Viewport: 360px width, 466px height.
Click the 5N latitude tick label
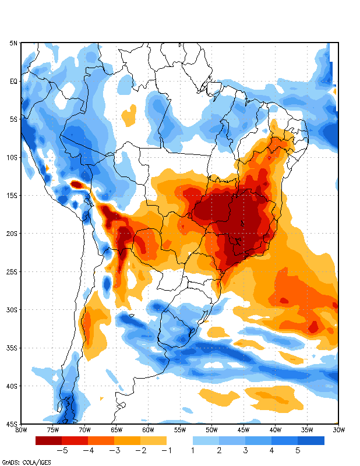point(13,43)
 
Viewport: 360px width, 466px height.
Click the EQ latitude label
point(14,81)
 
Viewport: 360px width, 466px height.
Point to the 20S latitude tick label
point(12,234)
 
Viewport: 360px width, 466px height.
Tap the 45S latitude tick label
point(12,423)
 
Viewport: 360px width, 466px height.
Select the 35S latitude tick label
point(12,348)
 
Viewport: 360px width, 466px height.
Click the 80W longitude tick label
point(21,430)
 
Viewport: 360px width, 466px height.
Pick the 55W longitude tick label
point(180,430)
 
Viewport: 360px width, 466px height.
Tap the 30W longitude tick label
point(338,430)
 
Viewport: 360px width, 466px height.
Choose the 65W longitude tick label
point(117,430)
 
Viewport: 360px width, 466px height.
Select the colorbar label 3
point(245,450)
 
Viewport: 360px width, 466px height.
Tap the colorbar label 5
point(298,450)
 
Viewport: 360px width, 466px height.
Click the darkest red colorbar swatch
point(48,441)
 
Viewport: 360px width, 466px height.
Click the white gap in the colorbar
point(179,441)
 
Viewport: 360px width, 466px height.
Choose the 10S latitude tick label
point(12,157)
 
